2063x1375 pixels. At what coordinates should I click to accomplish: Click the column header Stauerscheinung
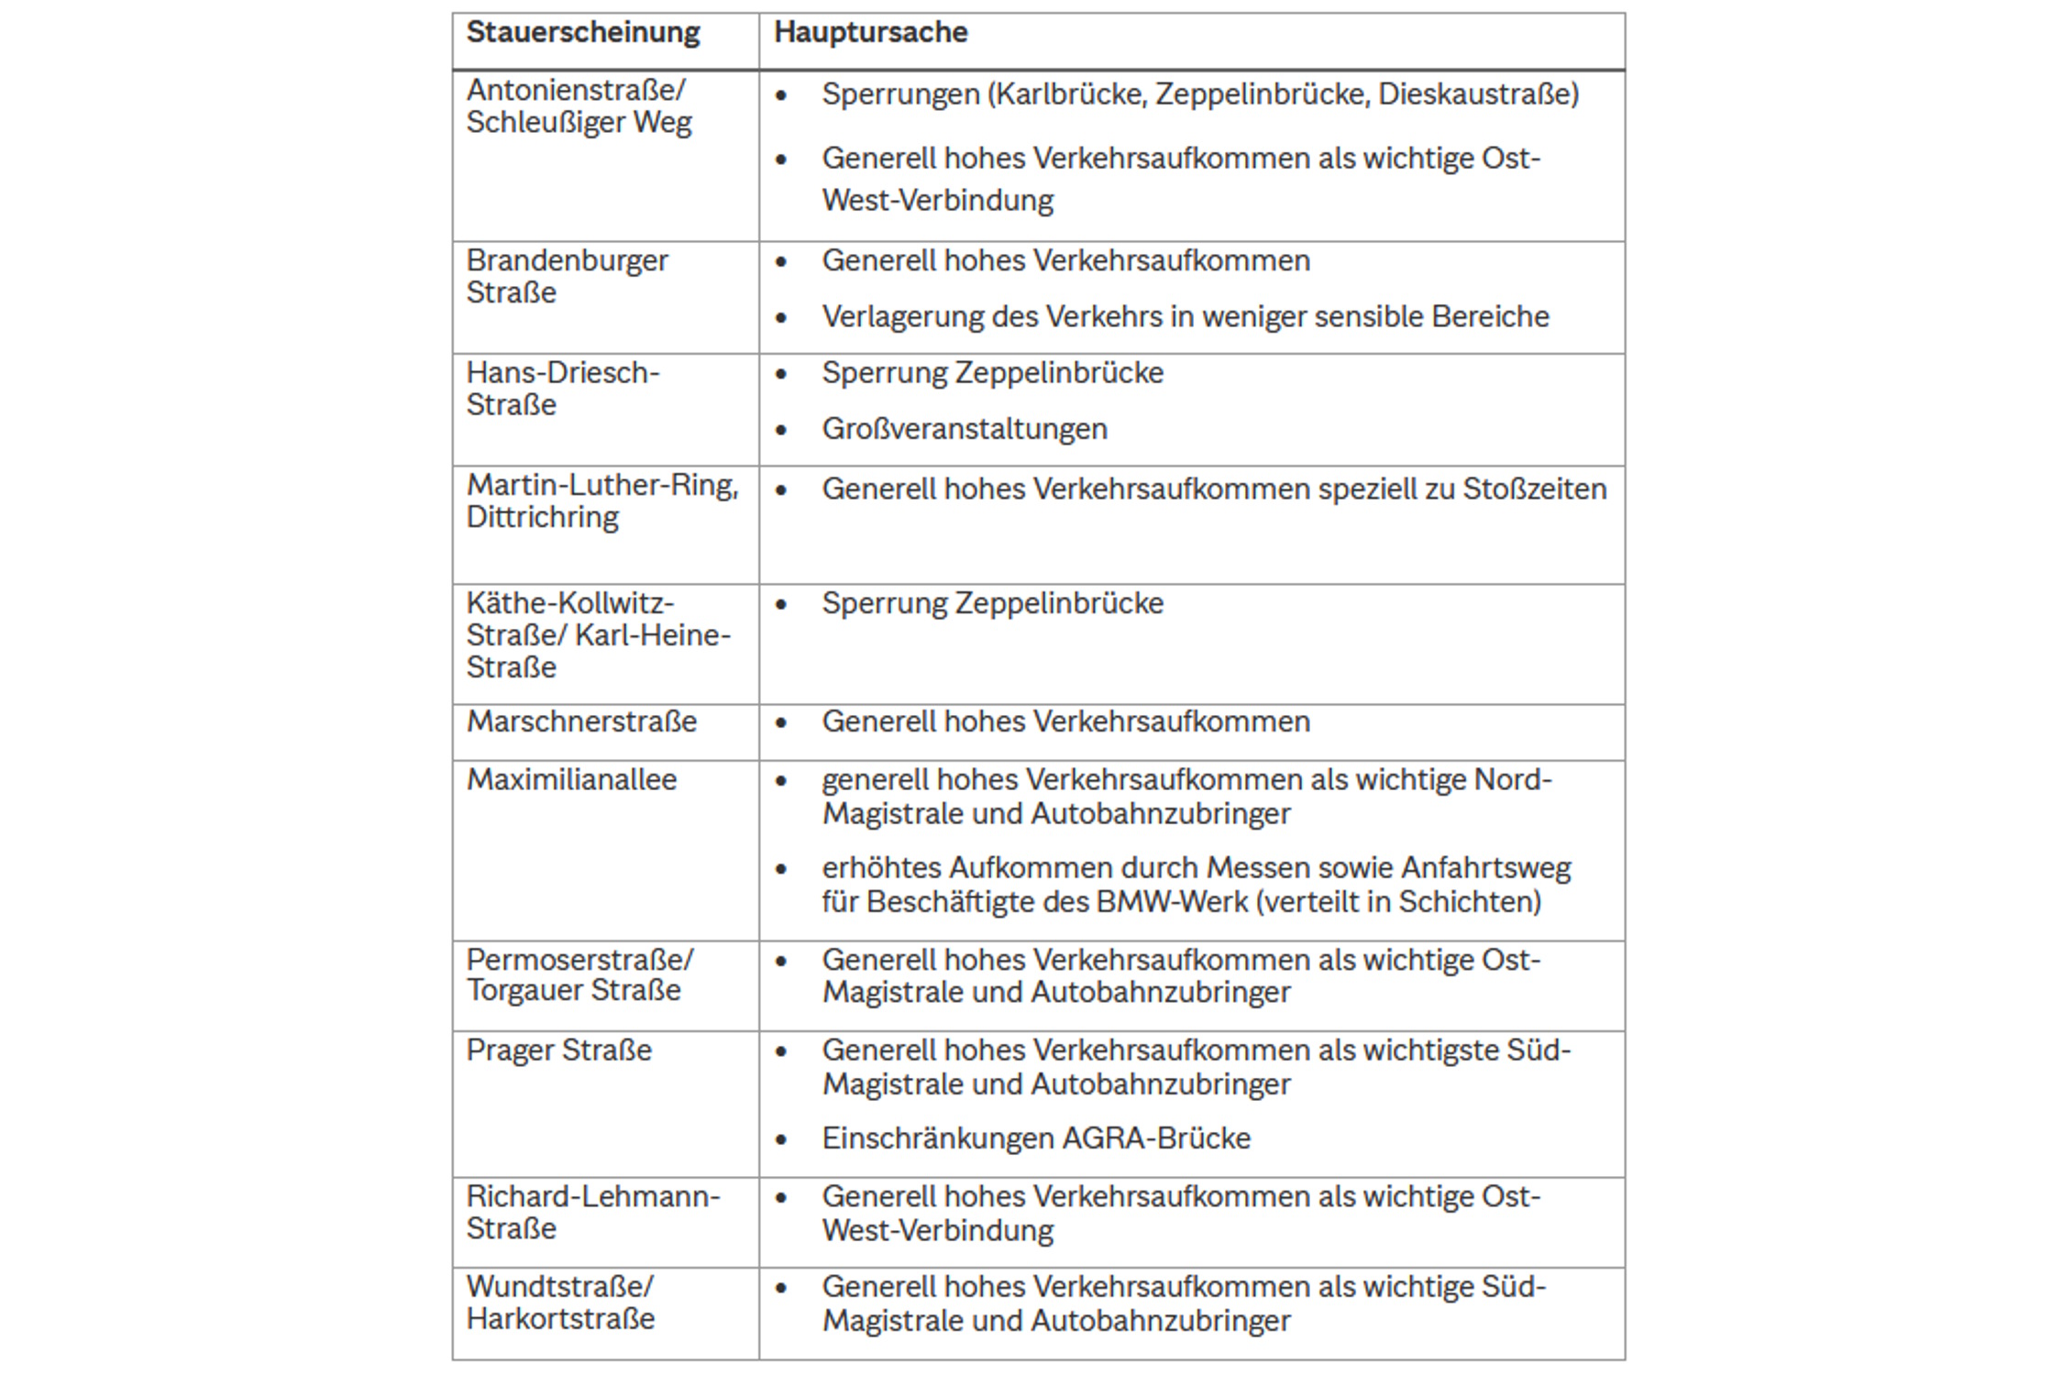pyautogui.click(x=582, y=33)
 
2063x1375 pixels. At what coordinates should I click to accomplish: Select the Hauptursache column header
pyautogui.click(x=870, y=33)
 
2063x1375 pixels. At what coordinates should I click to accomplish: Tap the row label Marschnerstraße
pyautogui.click(x=581, y=722)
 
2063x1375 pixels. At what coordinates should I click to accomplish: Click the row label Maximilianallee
pyautogui.click(x=571, y=780)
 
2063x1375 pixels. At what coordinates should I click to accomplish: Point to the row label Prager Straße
pyautogui.click(x=558, y=1050)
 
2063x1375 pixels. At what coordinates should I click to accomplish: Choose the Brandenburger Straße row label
pyautogui.click(x=567, y=277)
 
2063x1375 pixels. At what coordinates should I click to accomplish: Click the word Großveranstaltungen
pyautogui.click(x=964, y=430)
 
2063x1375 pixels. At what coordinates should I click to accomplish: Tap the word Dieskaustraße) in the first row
pyautogui.click(x=1478, y=94)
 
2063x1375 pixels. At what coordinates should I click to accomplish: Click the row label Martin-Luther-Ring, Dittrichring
pyautogui.click(x=601, y=501)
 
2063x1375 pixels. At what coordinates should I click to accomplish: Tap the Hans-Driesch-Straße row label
pyautogui.click(x=562, y=389)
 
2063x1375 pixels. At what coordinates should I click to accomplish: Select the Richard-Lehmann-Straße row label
pyautogui.click(x=592, y=1213)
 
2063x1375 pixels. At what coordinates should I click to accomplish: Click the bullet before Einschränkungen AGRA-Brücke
pyautogui.click(x=781, y=1140)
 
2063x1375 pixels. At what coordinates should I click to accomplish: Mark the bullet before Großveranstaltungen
pyautogui.click(x=781, y=431)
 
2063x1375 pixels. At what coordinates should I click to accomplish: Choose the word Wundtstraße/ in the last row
pyautogui.click(x=559, y=1287)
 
